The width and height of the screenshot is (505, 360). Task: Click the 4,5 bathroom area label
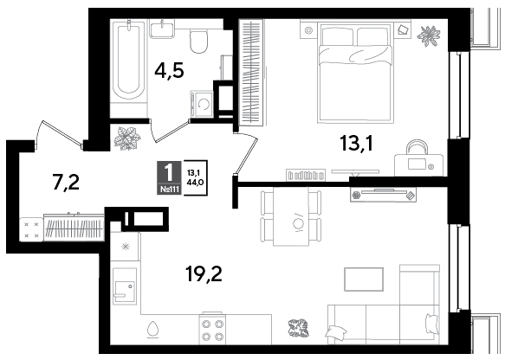pos(169,70)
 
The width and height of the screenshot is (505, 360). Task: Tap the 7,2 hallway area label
pos(66,183)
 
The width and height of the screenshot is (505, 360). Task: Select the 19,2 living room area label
pos(204,274)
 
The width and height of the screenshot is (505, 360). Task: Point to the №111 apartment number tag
pos(170,190)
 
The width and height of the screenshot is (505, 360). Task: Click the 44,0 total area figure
pos(195,183)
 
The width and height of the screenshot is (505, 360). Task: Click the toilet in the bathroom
pos(198,42)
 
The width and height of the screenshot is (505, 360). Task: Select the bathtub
pos(129,61)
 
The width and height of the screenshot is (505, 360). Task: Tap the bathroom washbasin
pos(162,29)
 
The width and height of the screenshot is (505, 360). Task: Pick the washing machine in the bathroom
pos(202,104)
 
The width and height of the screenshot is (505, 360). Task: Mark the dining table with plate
pos(291,216)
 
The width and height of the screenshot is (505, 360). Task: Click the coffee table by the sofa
pos(364,280)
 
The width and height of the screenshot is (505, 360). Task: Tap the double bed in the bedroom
pos(355,73)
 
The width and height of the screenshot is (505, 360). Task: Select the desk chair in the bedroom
pos(417,147)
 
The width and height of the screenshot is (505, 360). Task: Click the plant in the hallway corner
pos(127,138)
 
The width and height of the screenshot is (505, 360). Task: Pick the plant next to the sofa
pos(298,328)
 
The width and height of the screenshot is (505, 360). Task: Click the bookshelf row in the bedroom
pos(305,176)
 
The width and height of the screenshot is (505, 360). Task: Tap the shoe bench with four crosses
pos(31,229)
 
